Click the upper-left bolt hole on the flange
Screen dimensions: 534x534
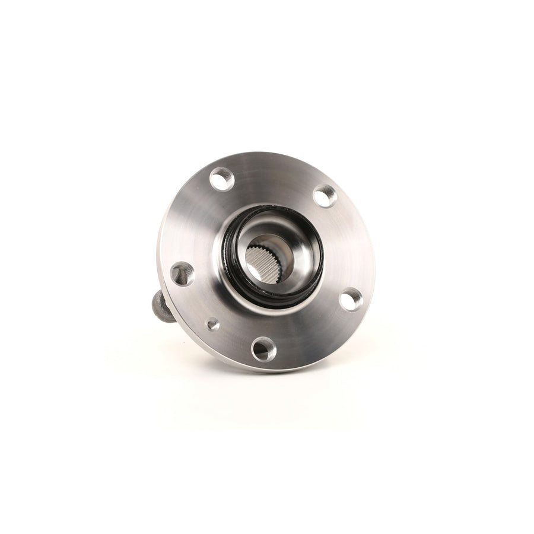click(221, 179)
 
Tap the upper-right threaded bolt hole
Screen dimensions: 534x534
click(325, 196)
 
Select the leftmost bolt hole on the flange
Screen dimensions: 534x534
click(182, 274)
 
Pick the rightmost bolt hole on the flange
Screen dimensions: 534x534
click(351, 299)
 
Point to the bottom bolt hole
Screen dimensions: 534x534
click(263, 348)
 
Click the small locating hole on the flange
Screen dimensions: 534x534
click(212, 324)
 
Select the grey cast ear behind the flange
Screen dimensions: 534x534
click(162, 306)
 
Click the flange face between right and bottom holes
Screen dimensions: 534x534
click(314, 332)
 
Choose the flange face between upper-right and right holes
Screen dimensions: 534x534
click(350, 243)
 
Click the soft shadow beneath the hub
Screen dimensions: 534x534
click(267, 392)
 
